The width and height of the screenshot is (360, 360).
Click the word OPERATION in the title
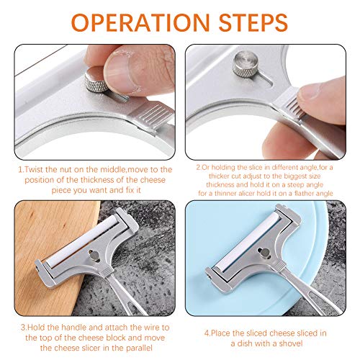pos(140,22)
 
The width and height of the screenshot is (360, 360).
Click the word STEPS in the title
pos(253,22)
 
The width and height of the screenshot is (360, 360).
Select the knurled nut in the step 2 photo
pos(246,64)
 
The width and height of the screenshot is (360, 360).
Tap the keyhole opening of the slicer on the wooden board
pos(94,255)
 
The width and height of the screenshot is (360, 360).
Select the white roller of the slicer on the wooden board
pos(82,240)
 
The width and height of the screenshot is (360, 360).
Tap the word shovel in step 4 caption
pos(290,343)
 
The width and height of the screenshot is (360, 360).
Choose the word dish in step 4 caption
pos(245,343)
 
